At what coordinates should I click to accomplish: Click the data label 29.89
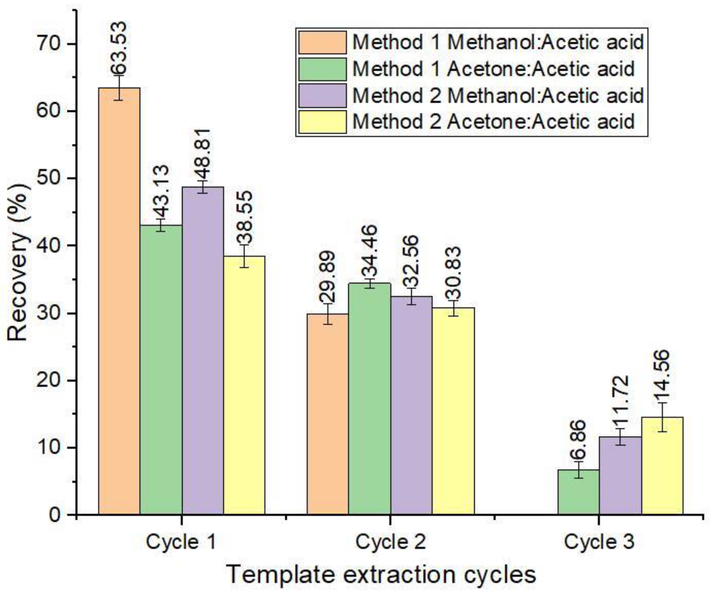point(327,277)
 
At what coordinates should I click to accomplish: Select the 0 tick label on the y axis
point(56,515)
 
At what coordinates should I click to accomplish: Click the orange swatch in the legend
point(322,42)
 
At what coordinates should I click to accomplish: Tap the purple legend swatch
point(322,95)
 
